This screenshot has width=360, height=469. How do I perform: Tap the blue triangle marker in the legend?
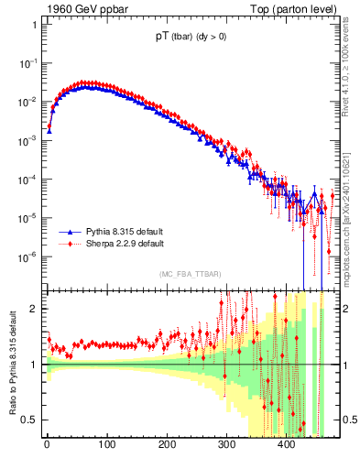pos(69,234)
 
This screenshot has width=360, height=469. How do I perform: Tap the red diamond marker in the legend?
pos(69,245)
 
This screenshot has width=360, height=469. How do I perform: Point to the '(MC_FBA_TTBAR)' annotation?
pos(191,275)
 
